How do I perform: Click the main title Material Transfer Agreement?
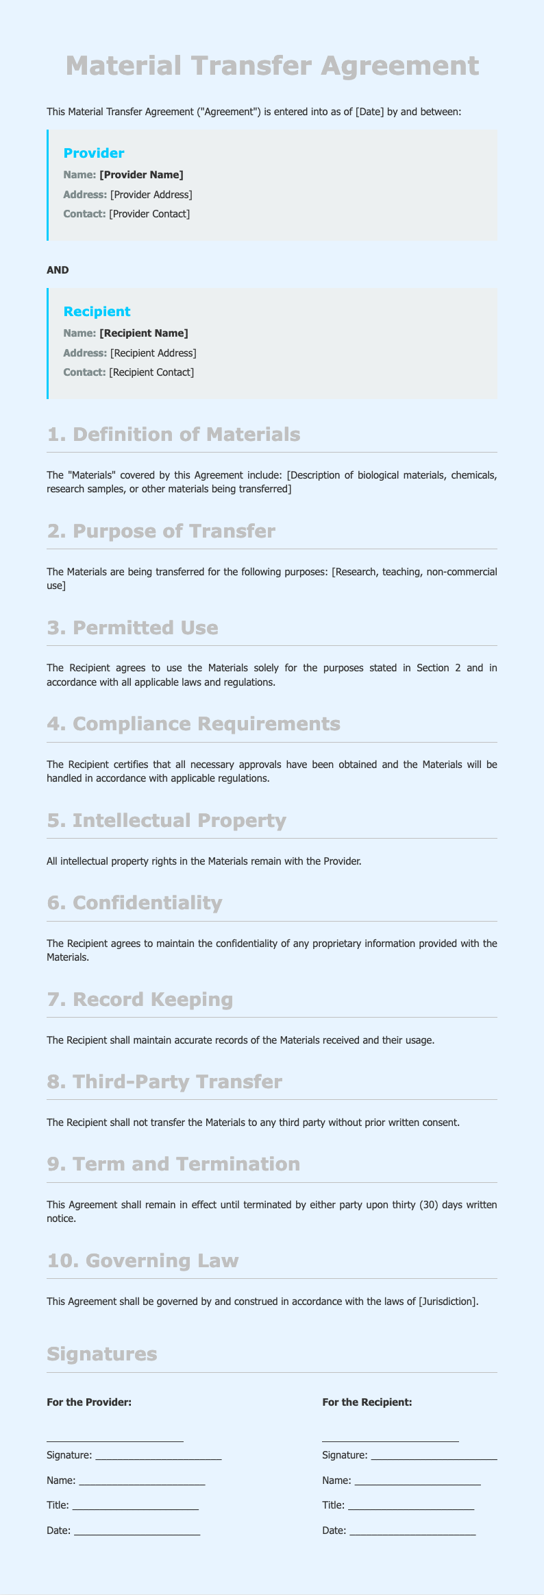(x=272, y=67)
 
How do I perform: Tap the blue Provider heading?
(x=94, y=153)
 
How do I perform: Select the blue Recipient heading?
(x=97, y=311)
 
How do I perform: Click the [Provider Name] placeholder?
(x=141, y=175)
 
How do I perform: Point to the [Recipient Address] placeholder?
(x=153, y=353)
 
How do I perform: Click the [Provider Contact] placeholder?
(x=149, y=214)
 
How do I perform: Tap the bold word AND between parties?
(x=58, y=270)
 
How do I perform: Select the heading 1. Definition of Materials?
(x=174, y=435)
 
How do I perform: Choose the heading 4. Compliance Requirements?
(x=194, y=724)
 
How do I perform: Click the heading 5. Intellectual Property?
(x=166, y=821)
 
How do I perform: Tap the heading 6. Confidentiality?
(x=135, y=903)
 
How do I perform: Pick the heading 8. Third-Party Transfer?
(x=164, y=1082)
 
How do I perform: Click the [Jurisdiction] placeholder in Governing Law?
(x=447, y=1302)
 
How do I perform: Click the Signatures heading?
(x=102, y=1354)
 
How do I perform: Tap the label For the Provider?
(x=89, y=1402)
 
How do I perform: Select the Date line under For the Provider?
(x=136, y=1530)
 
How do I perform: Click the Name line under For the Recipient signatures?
(x=417, y=1480)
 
